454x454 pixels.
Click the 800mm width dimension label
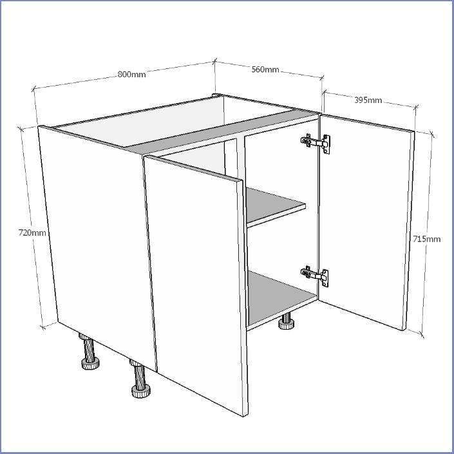[x=132, y=75]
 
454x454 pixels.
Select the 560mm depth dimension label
[x=265, y=70]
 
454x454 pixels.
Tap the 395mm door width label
[x=368, y=100]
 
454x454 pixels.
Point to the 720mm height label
[x=32, y=232]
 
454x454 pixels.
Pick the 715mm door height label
[x=426, y=239]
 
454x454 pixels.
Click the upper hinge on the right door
[x=316, y=143]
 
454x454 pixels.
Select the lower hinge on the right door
[x=315, y=276]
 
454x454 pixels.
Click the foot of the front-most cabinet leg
[x=141, y=391]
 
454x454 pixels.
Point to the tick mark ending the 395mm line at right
[x=416, y=107]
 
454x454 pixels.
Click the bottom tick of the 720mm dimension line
[x=43, y=328]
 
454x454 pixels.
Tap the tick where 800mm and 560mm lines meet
[x=214, y=61]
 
